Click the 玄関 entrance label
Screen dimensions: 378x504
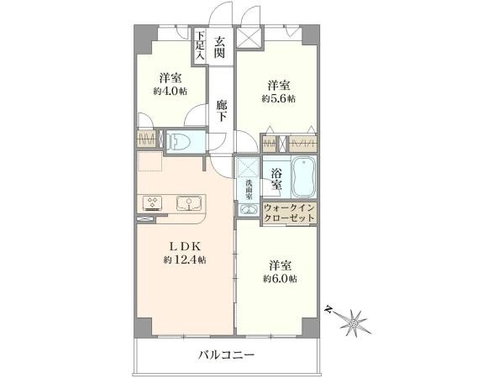[218, 46]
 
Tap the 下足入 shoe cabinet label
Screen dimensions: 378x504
[201, 45]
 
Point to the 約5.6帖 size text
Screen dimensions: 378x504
[279, 98]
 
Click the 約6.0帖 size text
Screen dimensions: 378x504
[278, 278]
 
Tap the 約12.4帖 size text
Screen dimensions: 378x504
[186, 260]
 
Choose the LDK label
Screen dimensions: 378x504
[186, 245]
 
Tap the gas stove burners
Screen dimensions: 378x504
[155, 202]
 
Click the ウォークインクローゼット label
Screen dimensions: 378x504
[290, 212]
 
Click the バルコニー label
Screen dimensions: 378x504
[226, 355]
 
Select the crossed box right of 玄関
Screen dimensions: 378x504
[249, 40]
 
